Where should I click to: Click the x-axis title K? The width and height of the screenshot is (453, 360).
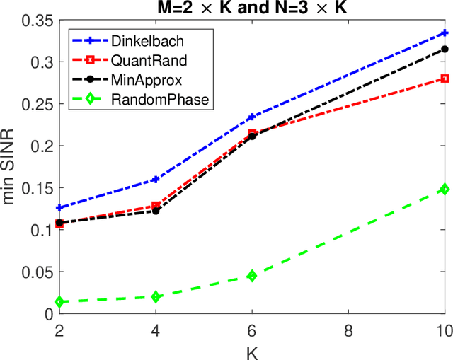click(252, 351)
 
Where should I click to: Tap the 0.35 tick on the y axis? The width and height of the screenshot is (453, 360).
click(35, 21)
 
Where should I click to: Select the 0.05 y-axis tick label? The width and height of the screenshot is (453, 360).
click(35, 272)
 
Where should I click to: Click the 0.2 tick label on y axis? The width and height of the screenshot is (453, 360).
click(40, 146)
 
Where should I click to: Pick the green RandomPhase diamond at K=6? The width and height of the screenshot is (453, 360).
click(251, 276)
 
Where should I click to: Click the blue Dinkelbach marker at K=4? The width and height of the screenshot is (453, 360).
click(156, 180)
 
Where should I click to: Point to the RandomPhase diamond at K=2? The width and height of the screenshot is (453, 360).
click(59, 302)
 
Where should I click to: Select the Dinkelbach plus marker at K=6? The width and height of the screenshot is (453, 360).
click(251, 117)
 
